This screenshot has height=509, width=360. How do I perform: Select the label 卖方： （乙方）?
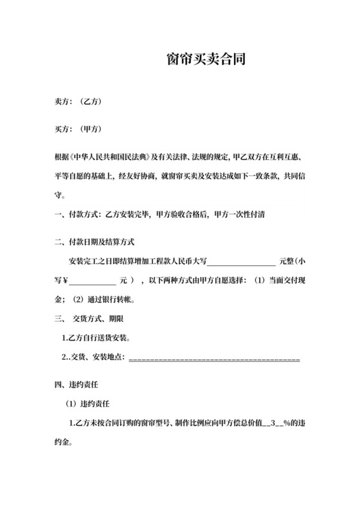point(78,101)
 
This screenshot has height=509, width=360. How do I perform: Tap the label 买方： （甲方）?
point(78,129)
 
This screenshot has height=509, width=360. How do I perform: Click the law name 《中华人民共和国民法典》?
point(110,156)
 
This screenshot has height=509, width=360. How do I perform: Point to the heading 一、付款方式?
point(69,216)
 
